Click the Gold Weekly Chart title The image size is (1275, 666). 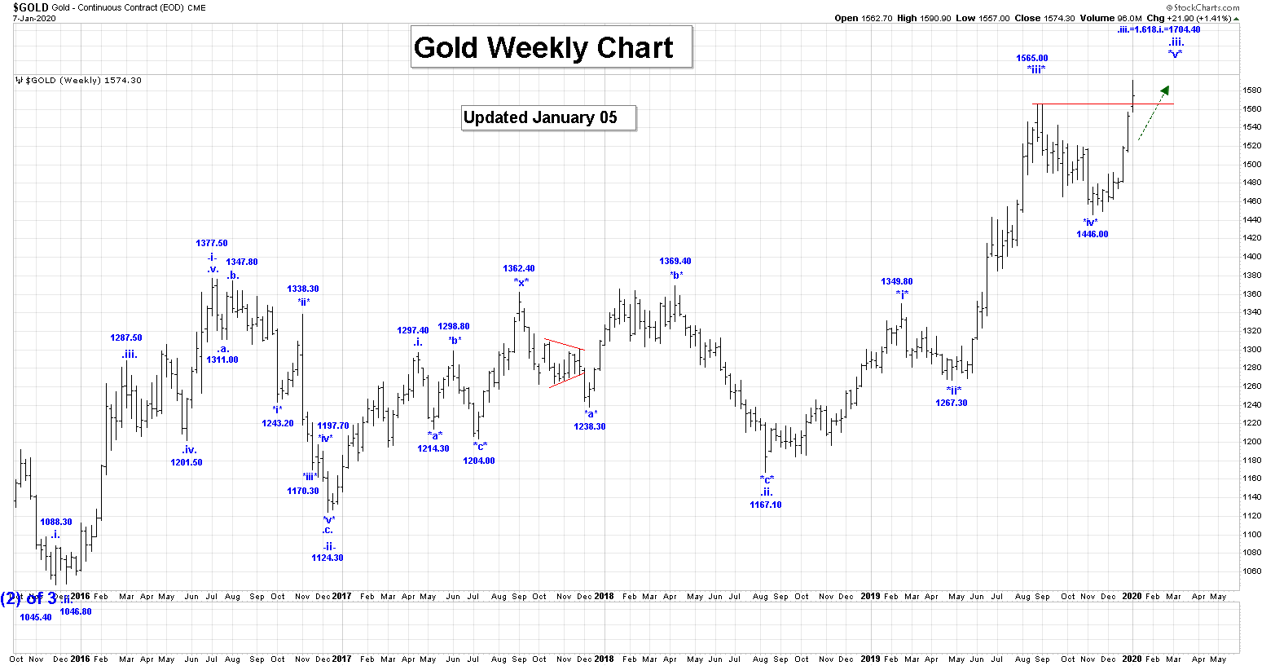click(x=543, y=47)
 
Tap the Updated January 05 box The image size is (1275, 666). click(x=540, y=117)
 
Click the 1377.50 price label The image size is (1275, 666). click(x=212, y=243)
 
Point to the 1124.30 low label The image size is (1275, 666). click(x=328, y=558)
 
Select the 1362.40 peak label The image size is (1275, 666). click(x=519, y=268)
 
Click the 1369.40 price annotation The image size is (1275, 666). click(x=675, y=261)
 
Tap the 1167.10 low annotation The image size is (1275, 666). click(x=766, y=505)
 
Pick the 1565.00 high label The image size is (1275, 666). click(x=1032, y=58)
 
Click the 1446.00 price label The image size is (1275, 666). click(x=1093, y=234)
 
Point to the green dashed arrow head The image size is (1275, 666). click(x=1165, y=90)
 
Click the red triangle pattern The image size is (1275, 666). click(x=565, y=362)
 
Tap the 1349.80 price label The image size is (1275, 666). click(x=897, y=281)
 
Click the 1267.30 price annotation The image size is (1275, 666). click(x=952, y=403)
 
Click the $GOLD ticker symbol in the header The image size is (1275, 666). click(x=31, y=7)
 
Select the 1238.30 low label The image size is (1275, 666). click(x=590, y=426)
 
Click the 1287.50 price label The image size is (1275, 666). click(x=126, y=337)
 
